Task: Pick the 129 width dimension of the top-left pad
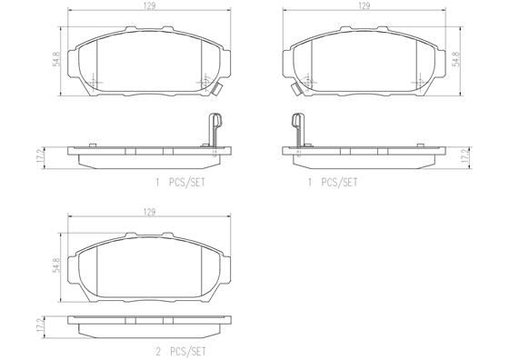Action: click(x=147, y=6)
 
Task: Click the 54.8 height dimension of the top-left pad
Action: click(x=56, y=60)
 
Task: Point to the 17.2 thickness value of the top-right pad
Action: click(x=464, y=155)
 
